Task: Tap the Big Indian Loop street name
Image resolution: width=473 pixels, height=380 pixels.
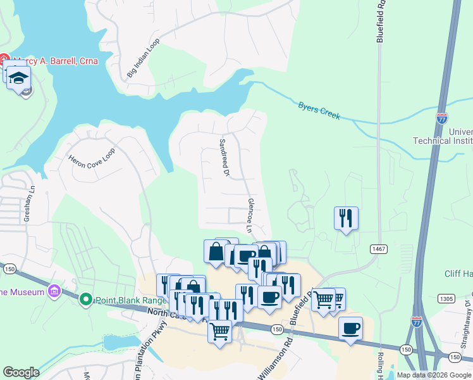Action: (x=144, y=58)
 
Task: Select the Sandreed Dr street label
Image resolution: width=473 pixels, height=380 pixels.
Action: (x=223, y=158)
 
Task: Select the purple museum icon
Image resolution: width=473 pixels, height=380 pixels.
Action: (x=54, y=292)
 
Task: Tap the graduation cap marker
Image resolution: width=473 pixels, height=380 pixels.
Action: (x=19, y=78)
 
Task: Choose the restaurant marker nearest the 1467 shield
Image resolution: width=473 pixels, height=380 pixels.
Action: (x=345, y=218)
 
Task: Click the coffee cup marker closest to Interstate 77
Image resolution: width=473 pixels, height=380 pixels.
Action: (x=350, y=329)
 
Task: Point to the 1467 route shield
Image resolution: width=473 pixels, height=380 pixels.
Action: (x=379, y=250)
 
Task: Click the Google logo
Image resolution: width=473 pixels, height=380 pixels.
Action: (x=21, y=372)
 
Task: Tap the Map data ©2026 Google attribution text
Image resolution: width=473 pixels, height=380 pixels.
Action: (x=434, y=375)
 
